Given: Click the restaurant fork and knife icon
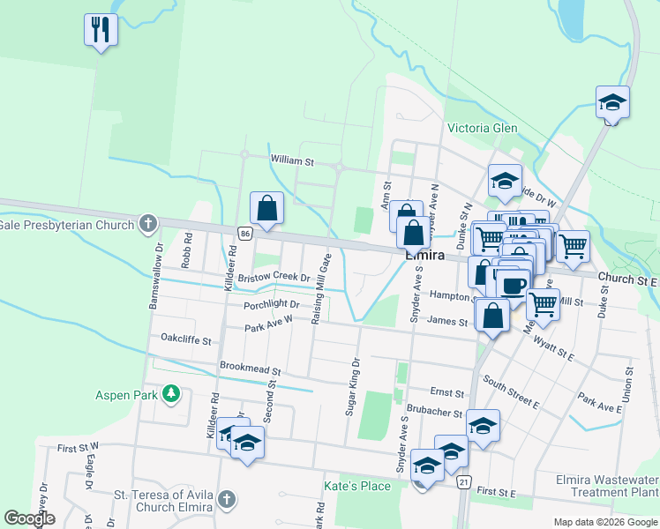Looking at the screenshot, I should click(x=101, y=29).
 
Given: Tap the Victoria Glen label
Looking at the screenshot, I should click(x=482, y=128).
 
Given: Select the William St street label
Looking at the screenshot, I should click(x=292, y=161).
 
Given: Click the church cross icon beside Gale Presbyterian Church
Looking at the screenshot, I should click(x=148, y=224).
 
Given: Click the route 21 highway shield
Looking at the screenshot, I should click(x=464, y=481).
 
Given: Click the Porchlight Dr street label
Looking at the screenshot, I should click(x=273, y=305).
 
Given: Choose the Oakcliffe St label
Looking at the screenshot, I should click(x=186, y=339).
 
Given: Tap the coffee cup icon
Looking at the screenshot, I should click(x=514, y=284).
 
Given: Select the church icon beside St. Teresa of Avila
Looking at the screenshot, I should click(x=227, y=500).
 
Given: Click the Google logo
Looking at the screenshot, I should click(x=30, y=518).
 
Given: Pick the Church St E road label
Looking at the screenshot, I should click(x=627, y=279).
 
